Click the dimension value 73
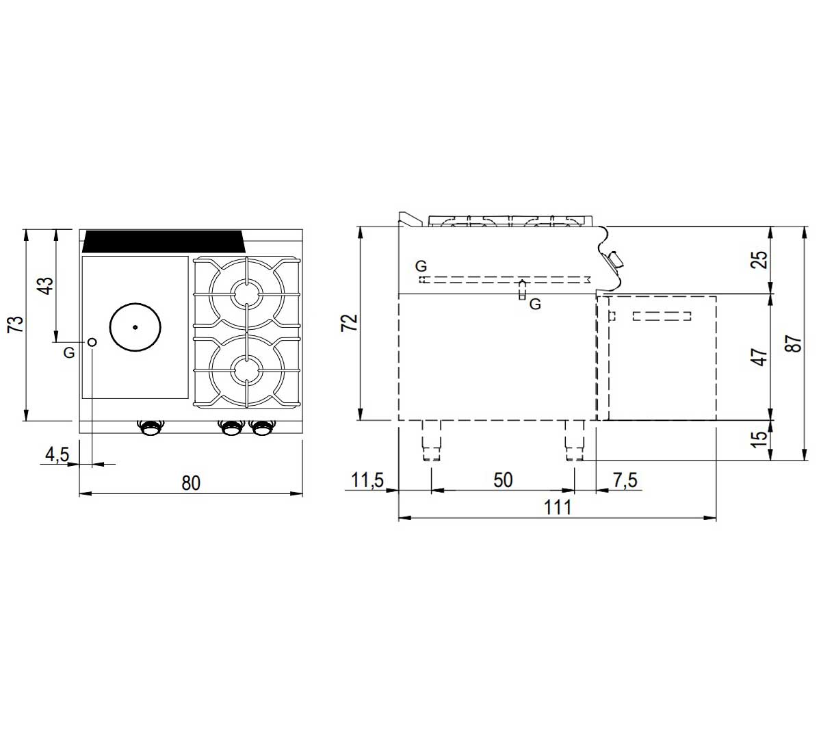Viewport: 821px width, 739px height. coord(16,324)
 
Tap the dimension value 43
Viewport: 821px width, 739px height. coord(45,286)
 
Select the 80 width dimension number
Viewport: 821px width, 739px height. coord(191,483)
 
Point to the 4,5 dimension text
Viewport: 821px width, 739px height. coord(57,454)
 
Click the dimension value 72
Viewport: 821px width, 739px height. coord(350,322)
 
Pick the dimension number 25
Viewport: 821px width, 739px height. coord(759,259)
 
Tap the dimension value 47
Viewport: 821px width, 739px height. coord(759,357)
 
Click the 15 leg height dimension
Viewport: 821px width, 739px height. coord(759,439)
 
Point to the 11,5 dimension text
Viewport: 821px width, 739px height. coord(367,480)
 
